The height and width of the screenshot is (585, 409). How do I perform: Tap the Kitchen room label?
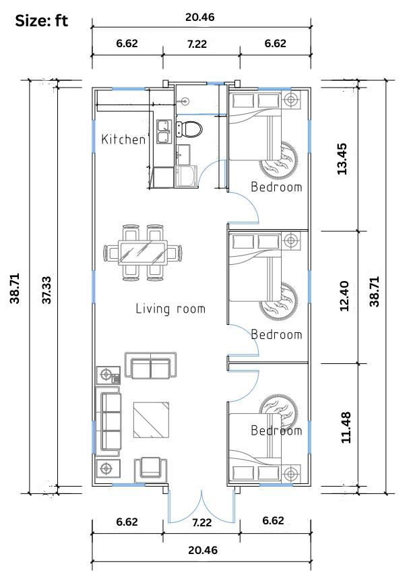click(123, 140)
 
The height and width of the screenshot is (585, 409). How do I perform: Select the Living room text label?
click(170, 309)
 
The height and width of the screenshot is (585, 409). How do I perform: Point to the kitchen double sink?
click(163, 131)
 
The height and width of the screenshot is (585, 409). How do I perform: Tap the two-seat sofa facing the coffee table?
click(151, 367)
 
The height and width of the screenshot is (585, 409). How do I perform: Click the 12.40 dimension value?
click(344, 297)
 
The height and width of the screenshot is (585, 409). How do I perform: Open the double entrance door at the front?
click(201, 505)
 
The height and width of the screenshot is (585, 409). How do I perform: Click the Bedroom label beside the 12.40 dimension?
click(276, 334)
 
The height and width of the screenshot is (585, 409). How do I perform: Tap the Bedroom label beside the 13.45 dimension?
click(276, 187)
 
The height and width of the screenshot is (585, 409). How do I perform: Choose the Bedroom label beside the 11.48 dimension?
click(276, 431)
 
